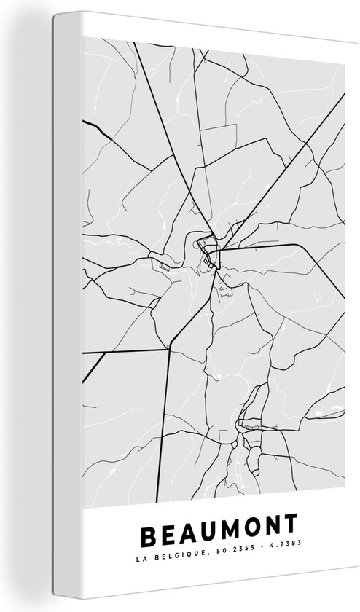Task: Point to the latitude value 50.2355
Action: click(x=217, y=583)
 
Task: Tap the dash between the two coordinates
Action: click(x=246, y=583)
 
